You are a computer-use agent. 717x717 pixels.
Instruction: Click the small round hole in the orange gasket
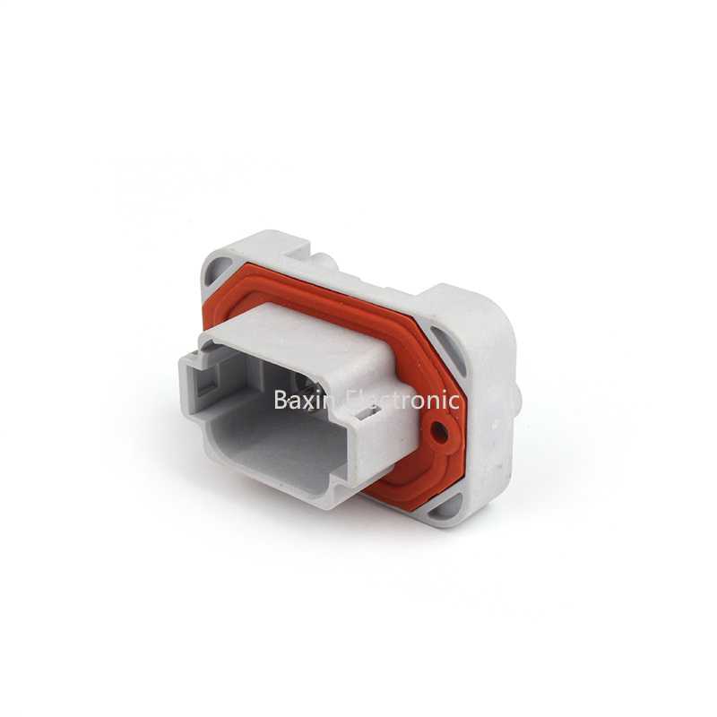440,431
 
